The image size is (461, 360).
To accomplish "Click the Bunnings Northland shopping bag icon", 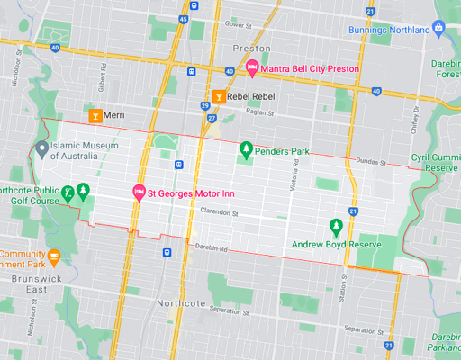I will click(438, 29).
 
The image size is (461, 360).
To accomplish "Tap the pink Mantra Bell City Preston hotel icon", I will click(253, 68).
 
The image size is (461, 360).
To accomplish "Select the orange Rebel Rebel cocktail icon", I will click(218, 96).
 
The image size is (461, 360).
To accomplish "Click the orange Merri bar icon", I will click(95, 116).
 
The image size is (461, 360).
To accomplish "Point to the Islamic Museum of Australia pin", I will click(41, 148).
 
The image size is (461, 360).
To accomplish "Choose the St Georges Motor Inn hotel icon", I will click(139, 191).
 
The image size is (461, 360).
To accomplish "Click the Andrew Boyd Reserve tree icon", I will click(336, 225).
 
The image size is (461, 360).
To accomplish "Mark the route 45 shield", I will click(183, 18).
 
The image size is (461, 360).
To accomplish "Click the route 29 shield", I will click(204, 105).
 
